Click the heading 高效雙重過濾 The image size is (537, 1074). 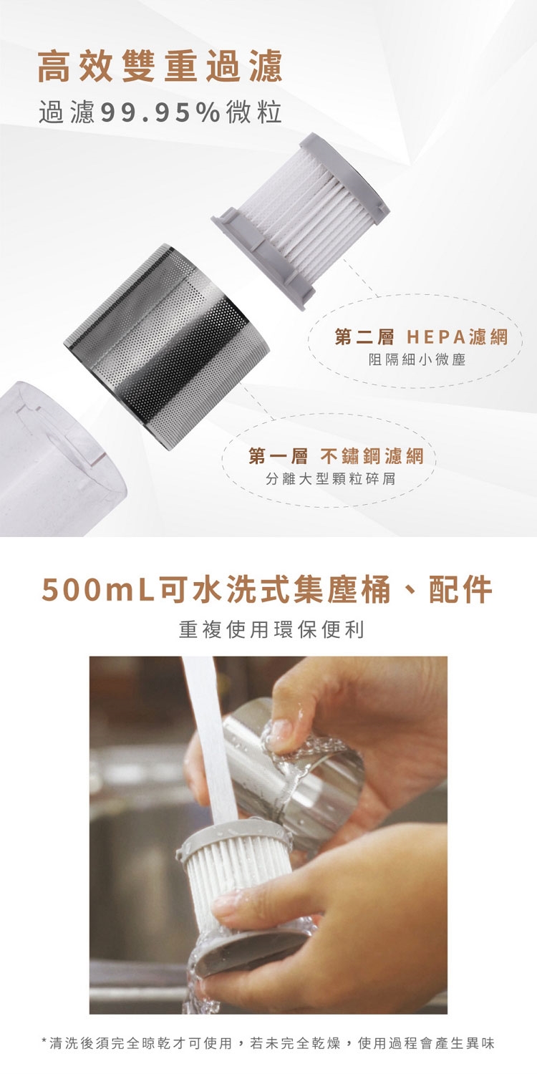click(x=160, y=66)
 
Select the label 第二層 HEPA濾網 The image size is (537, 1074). click(x=421, y=337)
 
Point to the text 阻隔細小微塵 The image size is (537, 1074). click(x=417, y=359)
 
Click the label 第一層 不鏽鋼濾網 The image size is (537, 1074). click(x=336, y=457)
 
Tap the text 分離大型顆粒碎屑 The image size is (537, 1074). click(x=331, y=478)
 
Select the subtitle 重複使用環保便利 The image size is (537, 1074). click(x=271, y=629)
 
